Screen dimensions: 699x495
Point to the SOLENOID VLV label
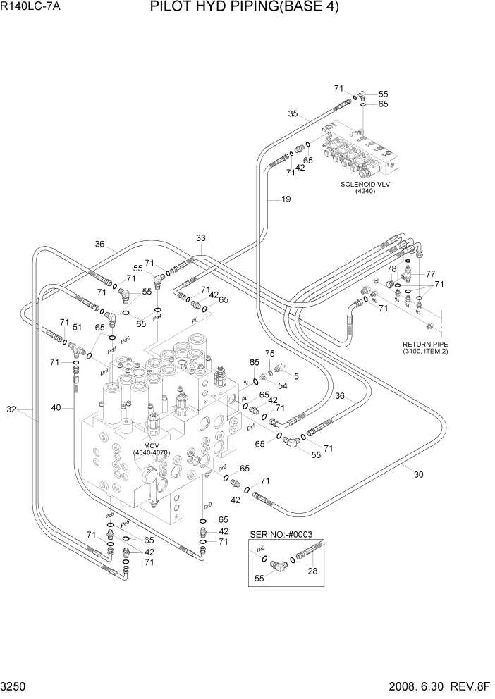[x=365, y=185]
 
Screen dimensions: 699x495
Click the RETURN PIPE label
[x=425, y=345]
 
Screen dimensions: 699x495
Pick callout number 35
[x=293, y=113]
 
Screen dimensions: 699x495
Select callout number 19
[x=286, y=199]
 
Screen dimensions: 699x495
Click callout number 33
[x=201, y=237]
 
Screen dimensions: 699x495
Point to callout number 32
[x=11, y=409]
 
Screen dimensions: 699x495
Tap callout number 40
[x=56, y=407]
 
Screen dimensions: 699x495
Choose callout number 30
[x=418, y=474]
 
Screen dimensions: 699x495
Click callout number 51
[x=78, y=327]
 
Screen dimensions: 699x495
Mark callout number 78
[x=391, y=269]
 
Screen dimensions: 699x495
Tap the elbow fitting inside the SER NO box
[x=280, y=564]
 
